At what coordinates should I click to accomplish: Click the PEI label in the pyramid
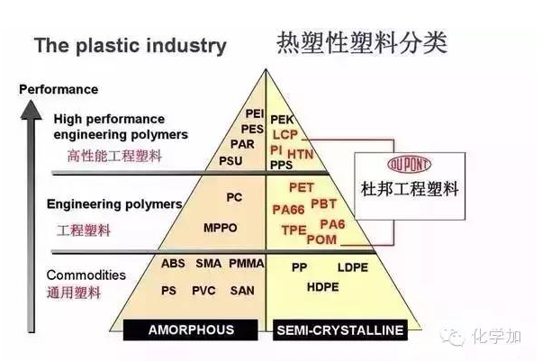point(254,113)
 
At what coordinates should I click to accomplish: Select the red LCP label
point(285,134)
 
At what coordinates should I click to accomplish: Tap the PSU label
point(231,159)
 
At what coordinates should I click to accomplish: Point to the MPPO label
point(221,228)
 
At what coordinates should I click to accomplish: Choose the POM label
point(321,239)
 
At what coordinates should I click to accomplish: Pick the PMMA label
point(244,265)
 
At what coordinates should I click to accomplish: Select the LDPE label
point(352,267)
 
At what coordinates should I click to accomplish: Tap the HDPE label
point(322,286)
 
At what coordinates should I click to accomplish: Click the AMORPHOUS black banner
point(191,329)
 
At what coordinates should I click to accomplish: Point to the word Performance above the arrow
point(59,90)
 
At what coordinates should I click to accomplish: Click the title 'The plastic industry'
point(131,46)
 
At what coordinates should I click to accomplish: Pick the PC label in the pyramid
point(234,196)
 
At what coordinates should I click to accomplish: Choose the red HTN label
point(301,153)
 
